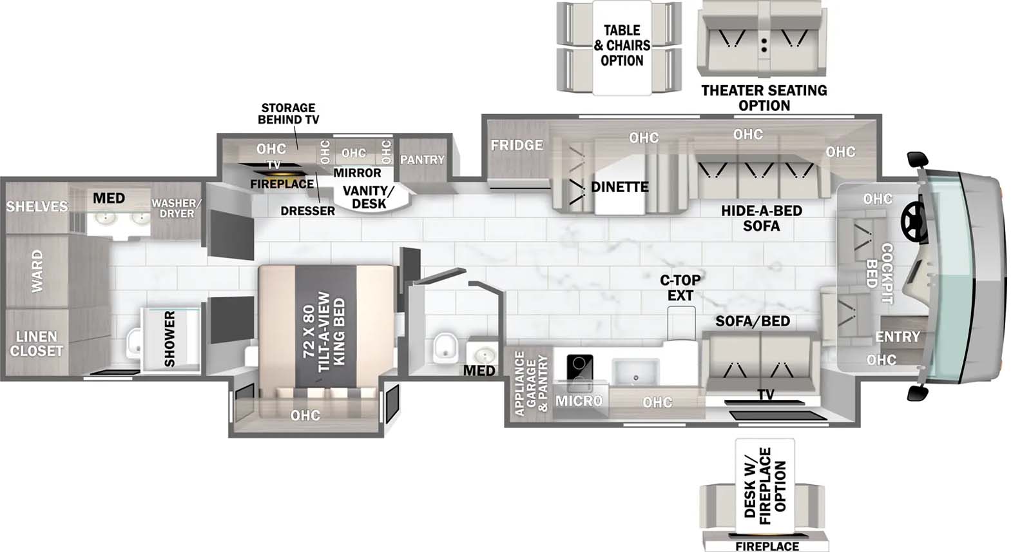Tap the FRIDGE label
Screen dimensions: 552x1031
click(517, 145)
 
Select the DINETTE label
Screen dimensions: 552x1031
click(620, 187)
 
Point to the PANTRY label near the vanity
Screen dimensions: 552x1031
click(422, 159)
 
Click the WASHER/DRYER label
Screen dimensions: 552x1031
click(177, 208)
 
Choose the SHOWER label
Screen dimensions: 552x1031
click(169, 339)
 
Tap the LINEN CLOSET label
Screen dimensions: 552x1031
click(37, 344)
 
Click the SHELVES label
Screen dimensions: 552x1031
click(37, 206)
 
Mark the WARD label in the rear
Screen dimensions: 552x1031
click(37, 271)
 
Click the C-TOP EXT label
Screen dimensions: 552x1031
click(680, 288)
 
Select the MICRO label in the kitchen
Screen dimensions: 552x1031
click(579, 401)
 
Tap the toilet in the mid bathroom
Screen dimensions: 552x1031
click(445, 347)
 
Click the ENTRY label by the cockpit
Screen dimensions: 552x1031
click(897, 337)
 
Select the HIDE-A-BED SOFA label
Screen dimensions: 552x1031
click(761, 218)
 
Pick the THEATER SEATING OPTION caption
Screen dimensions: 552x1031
click(764, 98)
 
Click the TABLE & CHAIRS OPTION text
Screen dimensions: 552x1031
click(622, 46)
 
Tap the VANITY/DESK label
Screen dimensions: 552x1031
click(368, 197)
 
